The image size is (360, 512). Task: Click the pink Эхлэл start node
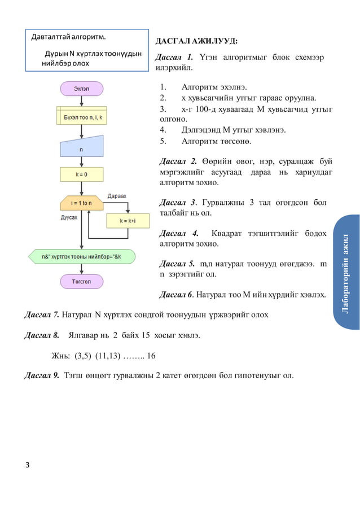tap(81, 88)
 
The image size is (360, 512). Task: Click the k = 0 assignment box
tap(81, 175)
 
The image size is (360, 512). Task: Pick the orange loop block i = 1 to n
tap(81, 203)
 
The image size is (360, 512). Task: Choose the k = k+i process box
tap(130, 221)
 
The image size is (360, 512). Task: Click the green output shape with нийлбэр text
tap(81, 256)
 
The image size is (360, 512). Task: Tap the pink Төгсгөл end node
tap(81, 281)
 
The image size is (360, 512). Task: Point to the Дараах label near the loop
tap(116, 196)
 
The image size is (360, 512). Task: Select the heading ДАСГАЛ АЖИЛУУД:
tap(192, 42)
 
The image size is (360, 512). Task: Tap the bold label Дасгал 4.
tap(179, 233)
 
